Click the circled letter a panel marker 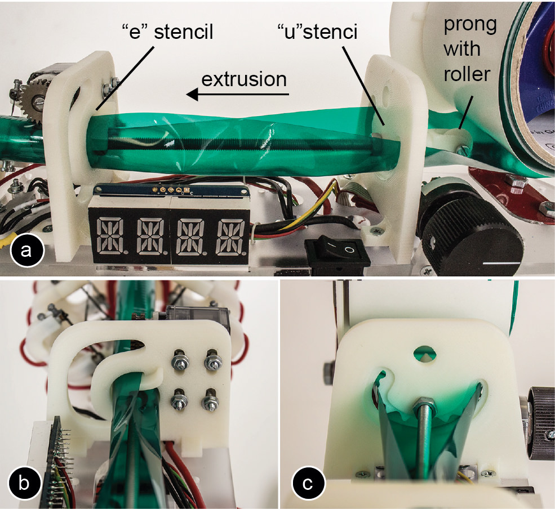25,251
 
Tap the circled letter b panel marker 24,483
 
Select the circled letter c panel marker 308,483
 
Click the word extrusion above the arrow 244,79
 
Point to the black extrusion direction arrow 238,95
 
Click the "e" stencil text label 167,32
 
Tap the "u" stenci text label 317,32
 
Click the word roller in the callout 467,74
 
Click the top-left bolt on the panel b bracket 179,360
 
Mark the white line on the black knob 503,264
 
